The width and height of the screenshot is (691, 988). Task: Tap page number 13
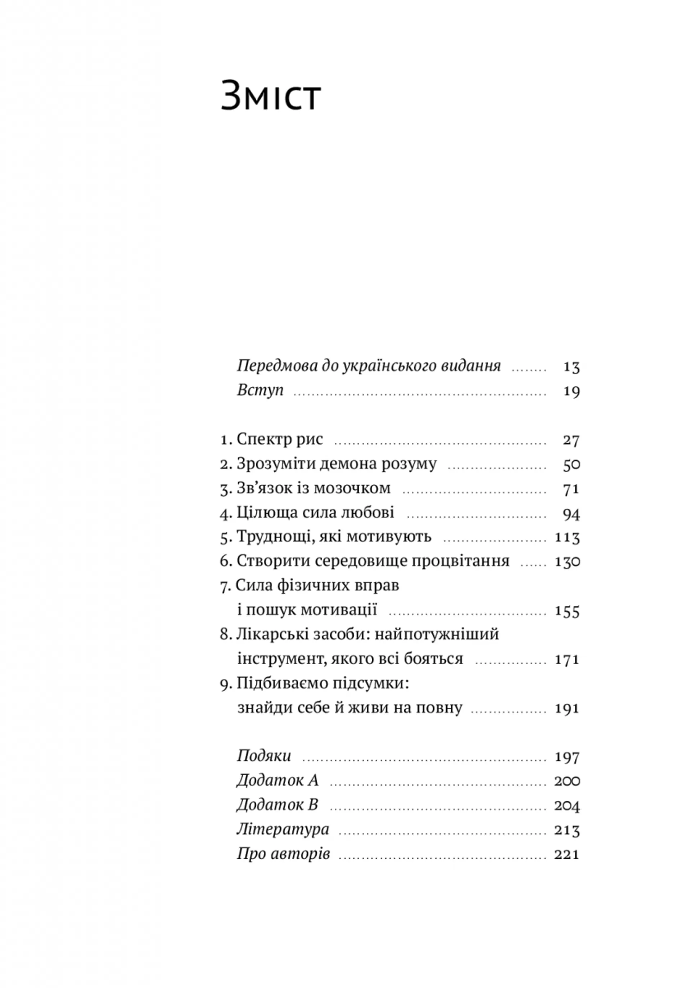[571, 367]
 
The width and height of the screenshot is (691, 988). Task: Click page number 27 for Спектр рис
[571, 440]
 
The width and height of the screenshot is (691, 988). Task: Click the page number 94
[571, 513]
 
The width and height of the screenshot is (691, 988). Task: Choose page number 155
[567, 611]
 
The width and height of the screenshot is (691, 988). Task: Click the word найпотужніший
[437, 634]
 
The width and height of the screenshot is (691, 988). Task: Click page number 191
[567, 708]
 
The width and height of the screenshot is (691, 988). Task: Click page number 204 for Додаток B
[567, 805]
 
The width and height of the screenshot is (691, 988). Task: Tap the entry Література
[283, 829]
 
